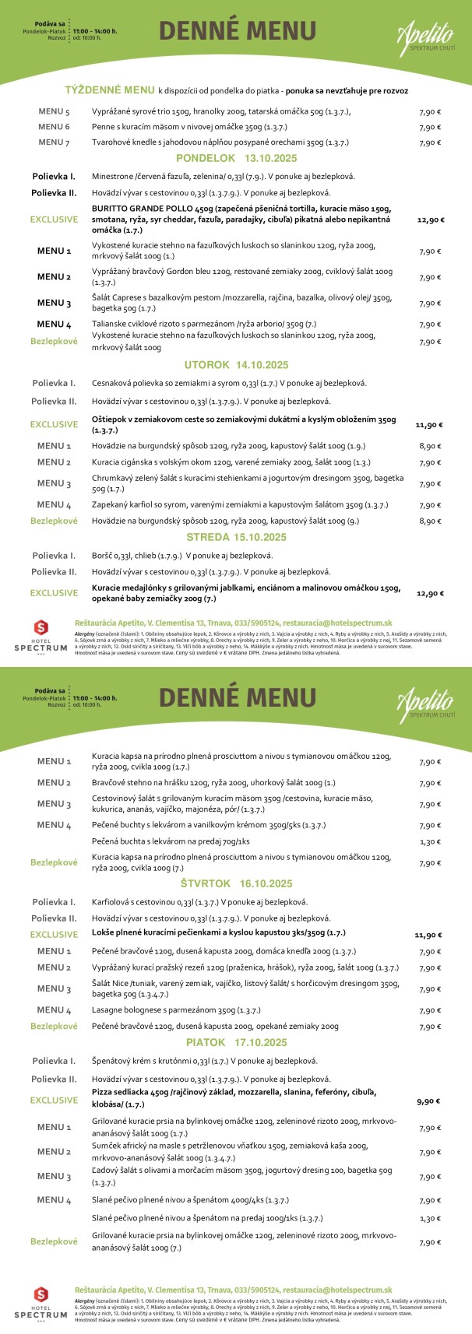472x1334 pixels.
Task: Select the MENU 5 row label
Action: [55, 111]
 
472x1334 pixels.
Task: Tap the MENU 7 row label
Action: [55, 142]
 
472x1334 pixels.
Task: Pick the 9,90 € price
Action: [429, 1101]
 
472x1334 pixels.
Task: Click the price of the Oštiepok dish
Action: [429, 425]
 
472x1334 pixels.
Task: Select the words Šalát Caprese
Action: [118, 297]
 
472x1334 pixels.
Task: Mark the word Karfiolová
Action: [114, 902]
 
